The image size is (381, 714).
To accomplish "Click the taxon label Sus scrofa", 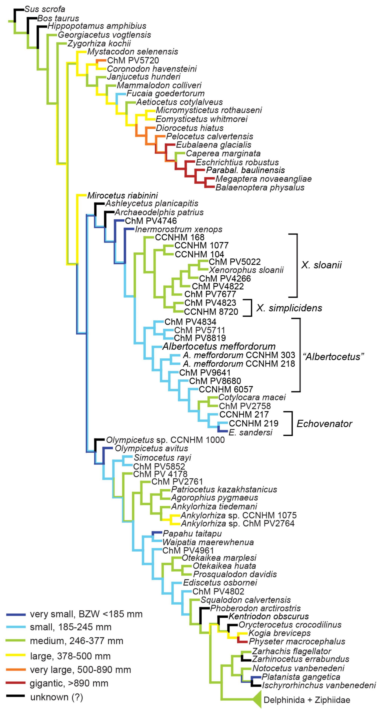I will [x=45, y=9].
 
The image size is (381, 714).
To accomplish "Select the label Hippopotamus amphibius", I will [x=97, y=26].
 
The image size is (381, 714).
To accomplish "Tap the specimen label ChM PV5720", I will [x=133, y=60].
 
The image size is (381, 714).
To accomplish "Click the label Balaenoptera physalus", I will [x=260, y=188].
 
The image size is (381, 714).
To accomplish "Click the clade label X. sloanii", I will [x=321, y=265].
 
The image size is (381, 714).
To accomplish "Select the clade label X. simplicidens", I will [x=289, y=308].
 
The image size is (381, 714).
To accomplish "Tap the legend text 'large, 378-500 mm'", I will [x=70, y=656].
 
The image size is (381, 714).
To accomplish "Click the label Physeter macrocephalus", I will [x=297, y=641].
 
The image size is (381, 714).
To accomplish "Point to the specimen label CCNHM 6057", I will [x=226, y=389].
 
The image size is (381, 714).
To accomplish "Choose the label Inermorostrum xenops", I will [x=179, y=230].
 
